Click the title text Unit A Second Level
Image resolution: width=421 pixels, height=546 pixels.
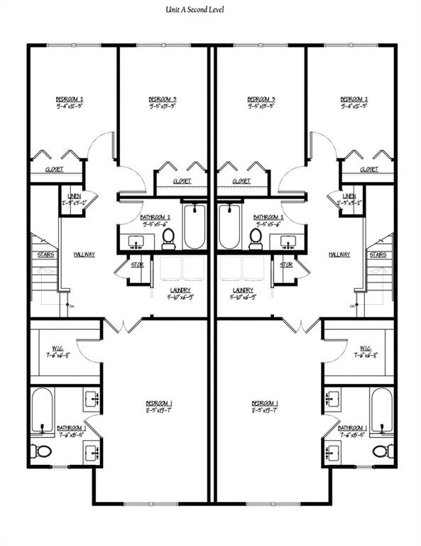211,9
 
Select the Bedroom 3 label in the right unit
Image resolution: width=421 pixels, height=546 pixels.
261,99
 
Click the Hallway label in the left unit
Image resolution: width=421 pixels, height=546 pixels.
84,254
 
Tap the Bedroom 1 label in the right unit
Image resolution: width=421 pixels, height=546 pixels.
263,403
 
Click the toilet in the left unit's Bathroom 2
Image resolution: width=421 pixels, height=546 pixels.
168,238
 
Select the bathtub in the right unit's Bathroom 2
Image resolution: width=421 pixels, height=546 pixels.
228,225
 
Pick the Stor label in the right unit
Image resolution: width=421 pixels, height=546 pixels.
286,264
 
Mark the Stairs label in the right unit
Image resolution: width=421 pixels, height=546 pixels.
378,254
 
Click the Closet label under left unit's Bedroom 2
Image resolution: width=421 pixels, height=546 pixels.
54,169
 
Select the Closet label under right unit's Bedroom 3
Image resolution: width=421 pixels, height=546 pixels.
241,181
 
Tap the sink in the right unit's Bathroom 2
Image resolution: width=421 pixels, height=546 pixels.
288,242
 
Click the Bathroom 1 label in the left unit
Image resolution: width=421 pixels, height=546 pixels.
70,428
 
